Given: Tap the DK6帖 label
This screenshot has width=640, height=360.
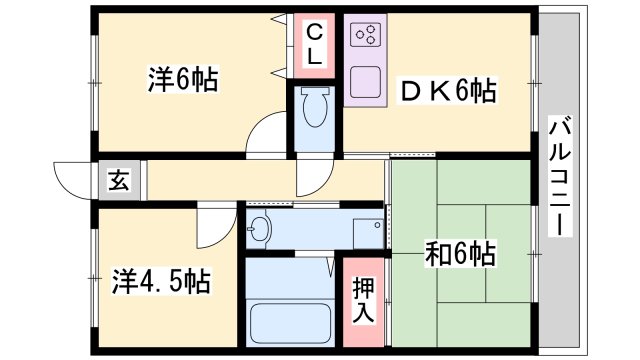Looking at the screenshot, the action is click(449, 93).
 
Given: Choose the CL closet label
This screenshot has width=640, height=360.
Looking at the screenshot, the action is click(313, 46).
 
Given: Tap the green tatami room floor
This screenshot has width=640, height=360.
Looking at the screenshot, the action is click(460, 300).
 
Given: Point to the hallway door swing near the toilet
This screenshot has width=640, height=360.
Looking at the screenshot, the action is click(311, 180).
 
